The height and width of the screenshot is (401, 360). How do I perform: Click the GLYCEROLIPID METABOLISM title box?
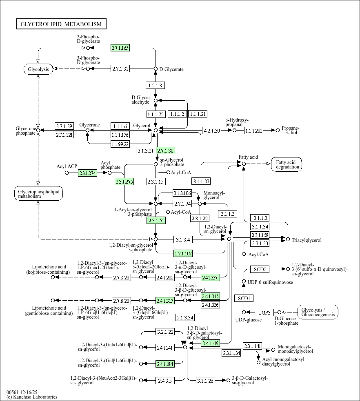point(61,24)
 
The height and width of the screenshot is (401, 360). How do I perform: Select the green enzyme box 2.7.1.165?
point(120,48)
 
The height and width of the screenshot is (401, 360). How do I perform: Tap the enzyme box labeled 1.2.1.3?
point(156,85)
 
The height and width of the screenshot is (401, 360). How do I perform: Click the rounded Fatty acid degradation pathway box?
point(287,164)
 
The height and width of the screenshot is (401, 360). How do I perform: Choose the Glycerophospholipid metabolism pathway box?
point(38,194)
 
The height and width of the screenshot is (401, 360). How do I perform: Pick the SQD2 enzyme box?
point(260,269)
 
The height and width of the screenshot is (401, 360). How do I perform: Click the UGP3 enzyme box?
point(264,312)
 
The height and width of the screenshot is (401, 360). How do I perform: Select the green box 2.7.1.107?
point(183,253)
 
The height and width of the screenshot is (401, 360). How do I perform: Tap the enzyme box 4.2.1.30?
point(212,131)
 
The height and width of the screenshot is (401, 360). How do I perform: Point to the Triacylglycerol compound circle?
point(288,239)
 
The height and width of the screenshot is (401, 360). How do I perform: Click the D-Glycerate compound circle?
point(156,69)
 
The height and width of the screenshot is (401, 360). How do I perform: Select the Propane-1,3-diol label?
point(290,130)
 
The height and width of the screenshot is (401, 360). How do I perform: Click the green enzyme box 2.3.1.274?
point(87,173)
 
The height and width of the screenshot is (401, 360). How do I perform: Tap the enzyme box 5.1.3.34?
point(185,318)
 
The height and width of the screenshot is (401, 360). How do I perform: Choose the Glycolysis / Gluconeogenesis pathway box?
point(318,312)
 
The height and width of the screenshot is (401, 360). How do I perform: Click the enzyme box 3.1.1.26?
point(205,381)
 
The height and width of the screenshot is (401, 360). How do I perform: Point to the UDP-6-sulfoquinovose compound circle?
point(244,281)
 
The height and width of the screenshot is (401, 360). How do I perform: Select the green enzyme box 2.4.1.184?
point(165,364)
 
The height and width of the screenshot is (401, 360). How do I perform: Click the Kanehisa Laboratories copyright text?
point(32,397)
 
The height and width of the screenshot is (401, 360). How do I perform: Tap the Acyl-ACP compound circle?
point(67,173)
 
